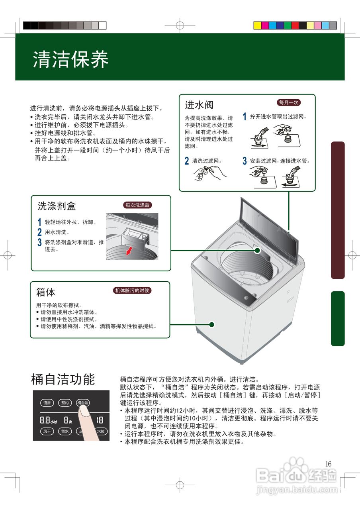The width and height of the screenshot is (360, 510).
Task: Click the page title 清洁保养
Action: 70,59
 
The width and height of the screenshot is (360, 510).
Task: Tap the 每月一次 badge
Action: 288,102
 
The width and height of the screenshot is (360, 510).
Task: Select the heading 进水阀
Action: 199,105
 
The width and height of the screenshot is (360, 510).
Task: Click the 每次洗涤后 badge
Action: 137,205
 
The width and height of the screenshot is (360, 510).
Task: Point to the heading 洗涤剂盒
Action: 56,206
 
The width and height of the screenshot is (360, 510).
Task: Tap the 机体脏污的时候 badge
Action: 132,290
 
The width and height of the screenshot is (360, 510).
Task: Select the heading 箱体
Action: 45,292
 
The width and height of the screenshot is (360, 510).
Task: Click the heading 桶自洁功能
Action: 63,379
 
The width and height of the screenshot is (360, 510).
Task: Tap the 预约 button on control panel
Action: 65,403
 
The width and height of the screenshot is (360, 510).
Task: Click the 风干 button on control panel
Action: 47,431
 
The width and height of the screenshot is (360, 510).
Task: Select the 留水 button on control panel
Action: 65,431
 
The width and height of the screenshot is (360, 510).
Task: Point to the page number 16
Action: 328,464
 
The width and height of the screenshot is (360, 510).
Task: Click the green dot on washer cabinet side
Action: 212,324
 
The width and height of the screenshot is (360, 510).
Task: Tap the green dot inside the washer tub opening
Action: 257,251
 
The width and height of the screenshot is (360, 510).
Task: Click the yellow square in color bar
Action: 258,25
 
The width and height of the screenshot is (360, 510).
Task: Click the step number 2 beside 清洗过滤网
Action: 186,161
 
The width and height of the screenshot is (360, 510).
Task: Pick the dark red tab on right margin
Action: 337,210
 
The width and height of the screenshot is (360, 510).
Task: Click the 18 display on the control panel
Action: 100,420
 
